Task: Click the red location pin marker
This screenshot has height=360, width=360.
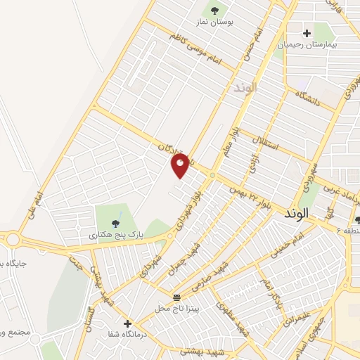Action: click(x=180, y=165)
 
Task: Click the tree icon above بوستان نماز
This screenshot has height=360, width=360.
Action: click(x=214, y=10)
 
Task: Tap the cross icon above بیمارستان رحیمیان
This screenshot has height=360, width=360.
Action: click(x=307, y=32)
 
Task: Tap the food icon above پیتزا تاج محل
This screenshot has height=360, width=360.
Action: click(x=177, y=297)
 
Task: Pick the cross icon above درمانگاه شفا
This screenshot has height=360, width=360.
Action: click(x=127, y=323)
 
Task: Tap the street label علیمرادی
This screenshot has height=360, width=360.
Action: click(x=296, y=319)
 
